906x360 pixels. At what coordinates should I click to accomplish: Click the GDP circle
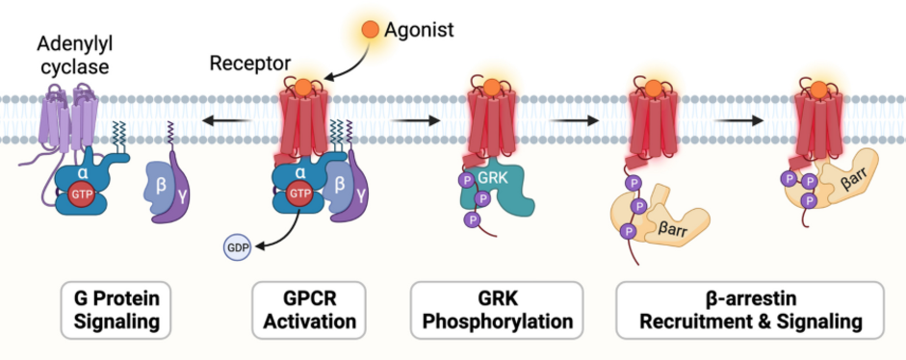[x=237, y=248]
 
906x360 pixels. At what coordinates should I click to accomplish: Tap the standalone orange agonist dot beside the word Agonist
[x=370, y=30]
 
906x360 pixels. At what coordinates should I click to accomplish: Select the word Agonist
[x=419, y=30]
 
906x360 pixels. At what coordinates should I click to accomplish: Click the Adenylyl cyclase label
[x=74, y=55]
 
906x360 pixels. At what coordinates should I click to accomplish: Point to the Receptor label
[x=250, y=63]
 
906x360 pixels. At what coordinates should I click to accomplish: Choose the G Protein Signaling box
[x=116, y=310]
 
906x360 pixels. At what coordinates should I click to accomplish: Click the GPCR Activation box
[x=309, y=310]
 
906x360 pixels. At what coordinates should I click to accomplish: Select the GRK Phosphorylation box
[x=497, y=310]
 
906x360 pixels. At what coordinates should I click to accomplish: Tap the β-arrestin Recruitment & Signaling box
[x=750, y=310]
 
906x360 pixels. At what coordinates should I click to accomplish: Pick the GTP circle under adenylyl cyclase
[x=82, y=194]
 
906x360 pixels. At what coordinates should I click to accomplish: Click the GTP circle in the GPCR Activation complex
[x=299, y=193]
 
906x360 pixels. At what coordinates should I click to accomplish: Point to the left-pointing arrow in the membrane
[x=226, y=121]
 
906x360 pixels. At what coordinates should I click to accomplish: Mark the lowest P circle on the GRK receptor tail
[x=474, y=219]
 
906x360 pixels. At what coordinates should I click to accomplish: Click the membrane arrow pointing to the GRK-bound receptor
[x=415, y=121]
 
